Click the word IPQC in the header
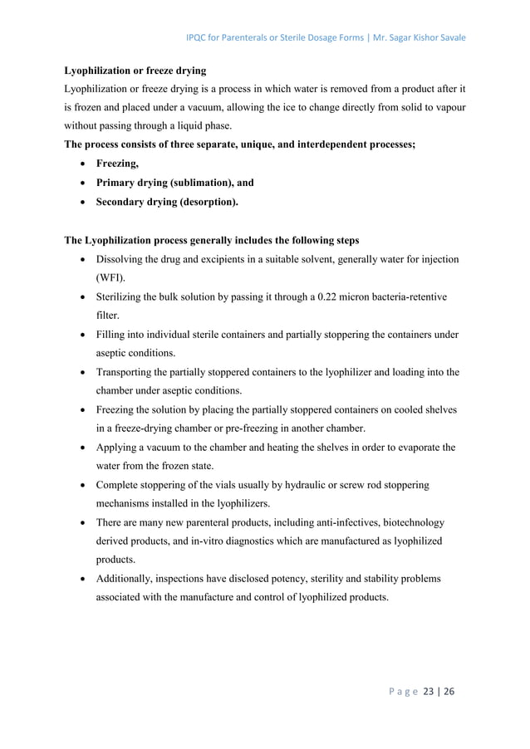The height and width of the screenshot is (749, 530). [x=199, y=38]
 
